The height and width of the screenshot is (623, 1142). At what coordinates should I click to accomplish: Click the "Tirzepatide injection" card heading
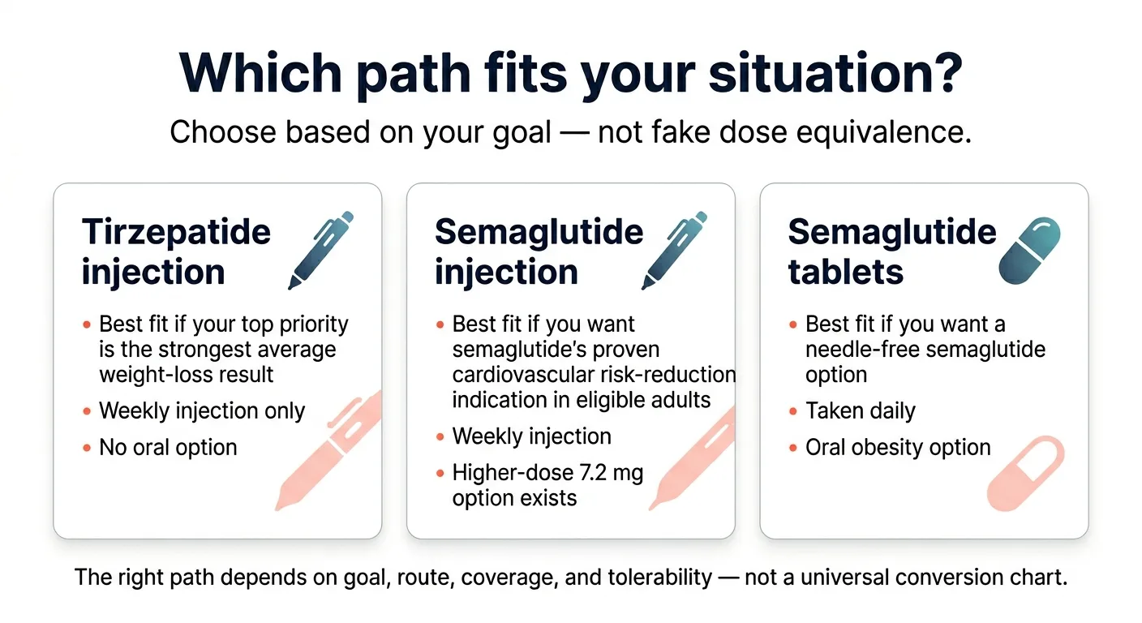pos(176,251)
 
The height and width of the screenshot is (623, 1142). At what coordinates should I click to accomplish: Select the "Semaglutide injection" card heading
pos(539,251)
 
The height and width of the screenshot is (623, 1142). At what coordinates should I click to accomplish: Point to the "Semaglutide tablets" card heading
pos(891,251)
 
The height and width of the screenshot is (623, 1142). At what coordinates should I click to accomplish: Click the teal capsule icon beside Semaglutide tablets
pos(1029,250)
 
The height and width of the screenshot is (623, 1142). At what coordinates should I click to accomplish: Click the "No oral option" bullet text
pos(168,448)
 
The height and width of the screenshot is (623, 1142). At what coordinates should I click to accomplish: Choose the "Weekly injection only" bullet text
pos(201,410)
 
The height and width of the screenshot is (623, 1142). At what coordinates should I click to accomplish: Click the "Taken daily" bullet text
pos(860,410)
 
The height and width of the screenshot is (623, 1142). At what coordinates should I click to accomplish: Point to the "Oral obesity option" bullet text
pos(898,448)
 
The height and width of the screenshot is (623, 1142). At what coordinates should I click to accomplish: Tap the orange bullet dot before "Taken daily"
pos(793,411)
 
